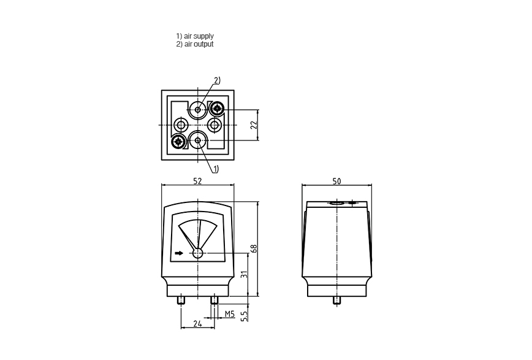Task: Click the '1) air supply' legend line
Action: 195,36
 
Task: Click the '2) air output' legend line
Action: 195,44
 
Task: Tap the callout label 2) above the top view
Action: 217,80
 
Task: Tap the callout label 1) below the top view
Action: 216,169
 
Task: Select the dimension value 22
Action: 254,125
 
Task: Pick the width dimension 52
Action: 197,181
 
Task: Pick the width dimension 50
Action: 336,182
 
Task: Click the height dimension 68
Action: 254,248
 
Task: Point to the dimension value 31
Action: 244,274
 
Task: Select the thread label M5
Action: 230,314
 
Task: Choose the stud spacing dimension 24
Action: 197,324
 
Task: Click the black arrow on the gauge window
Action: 179,253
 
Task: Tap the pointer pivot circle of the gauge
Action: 198,253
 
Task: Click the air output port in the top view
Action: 198,109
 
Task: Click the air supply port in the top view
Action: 198,140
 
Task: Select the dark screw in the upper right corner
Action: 216,109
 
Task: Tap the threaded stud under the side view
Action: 337,301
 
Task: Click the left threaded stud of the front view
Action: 181,301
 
